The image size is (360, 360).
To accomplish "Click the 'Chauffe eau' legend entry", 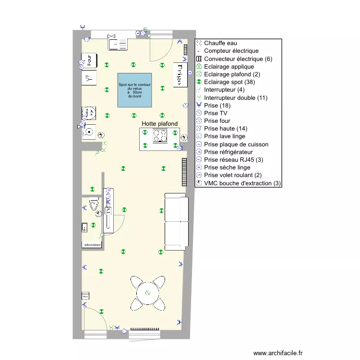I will tap(220, 43).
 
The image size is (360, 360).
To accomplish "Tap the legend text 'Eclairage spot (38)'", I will tap(230, 82).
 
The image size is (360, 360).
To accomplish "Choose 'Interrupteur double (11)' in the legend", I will tap(236, 98).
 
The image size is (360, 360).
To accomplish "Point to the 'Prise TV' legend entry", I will tap(216, 113).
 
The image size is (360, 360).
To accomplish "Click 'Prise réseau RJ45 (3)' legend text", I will tap(233, 160).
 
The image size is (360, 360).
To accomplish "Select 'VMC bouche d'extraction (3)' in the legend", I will tap(242, 183).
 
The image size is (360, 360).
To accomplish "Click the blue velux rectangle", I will tap(135, 90).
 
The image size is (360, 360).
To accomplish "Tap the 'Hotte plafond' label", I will tap(159, 124).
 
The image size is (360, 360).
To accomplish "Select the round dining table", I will tap(148, 292).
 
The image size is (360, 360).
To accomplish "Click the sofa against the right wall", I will tap(175, 221).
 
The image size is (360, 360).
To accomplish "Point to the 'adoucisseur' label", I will tap(92, 245).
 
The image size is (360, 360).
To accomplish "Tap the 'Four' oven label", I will tap(89, 60).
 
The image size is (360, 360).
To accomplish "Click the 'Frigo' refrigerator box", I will tap(180, 74).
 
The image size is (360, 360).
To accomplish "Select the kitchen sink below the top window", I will tap(118, 44).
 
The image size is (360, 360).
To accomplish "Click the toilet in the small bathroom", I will tap(96, 206).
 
